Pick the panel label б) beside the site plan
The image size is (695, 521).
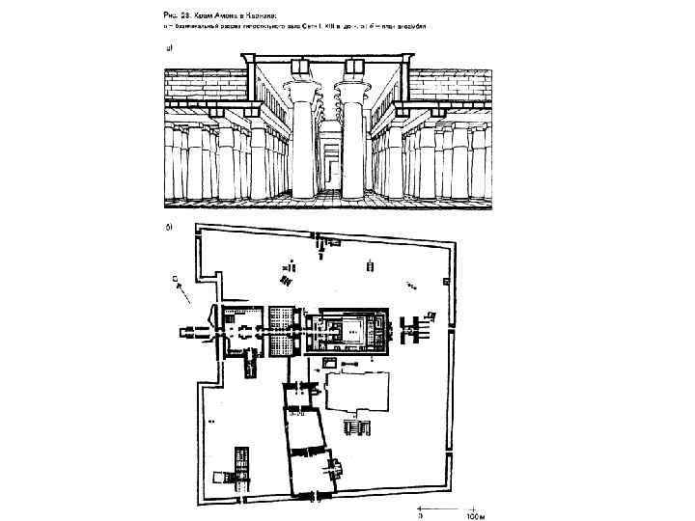[169, 229]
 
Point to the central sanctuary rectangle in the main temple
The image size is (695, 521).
[353, 331]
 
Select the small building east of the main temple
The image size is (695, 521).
[417, 330]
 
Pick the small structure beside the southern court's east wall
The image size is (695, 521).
[338, 469]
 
